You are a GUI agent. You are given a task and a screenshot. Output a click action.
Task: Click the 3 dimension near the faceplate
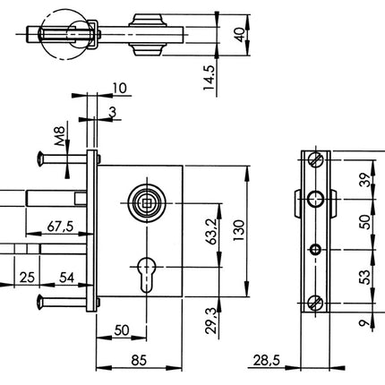111,111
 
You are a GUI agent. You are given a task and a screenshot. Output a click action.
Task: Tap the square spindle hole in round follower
141,202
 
